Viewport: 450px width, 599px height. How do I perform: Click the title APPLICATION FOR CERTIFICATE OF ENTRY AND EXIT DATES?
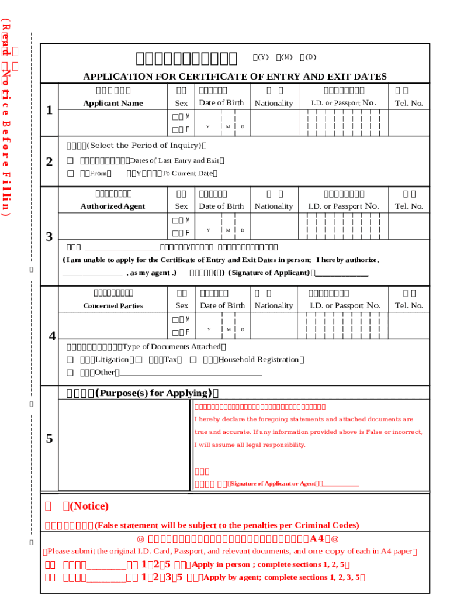click(235, 77)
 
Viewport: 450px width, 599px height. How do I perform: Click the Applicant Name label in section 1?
click(113, 104)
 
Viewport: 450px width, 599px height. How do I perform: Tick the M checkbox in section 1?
click(176, 117)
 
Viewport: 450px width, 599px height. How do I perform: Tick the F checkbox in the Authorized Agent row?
click(176, 233)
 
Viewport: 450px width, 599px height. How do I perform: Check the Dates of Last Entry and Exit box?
click(70, 161)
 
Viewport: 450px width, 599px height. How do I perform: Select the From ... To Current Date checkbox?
click(70, 173)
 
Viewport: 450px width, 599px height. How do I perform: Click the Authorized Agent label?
click(113, 206)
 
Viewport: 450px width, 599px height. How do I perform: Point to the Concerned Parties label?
click(113, 306)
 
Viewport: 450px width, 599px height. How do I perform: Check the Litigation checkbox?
click(70, 360)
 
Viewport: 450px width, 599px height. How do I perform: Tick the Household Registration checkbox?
click(193, 360)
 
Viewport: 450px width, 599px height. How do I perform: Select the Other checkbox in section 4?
click(70, 373)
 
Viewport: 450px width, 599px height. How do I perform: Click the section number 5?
click(50, 439)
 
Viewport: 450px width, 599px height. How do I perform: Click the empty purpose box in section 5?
click(124, 445)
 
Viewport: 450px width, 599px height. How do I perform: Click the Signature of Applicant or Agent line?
click(340, 484)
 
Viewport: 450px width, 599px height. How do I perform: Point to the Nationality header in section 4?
click(274, 306)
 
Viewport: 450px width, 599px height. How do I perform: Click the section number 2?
click(50, 162)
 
